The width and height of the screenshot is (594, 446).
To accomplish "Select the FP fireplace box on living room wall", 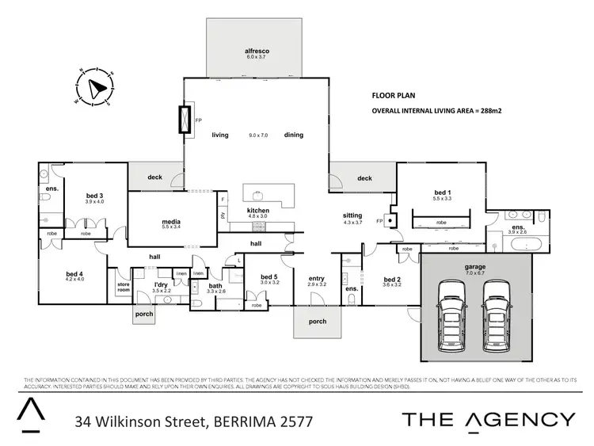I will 185,120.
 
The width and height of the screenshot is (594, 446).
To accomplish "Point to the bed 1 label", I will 442,193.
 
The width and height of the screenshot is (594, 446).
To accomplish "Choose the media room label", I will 171,221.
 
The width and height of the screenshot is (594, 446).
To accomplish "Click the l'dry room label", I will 162,284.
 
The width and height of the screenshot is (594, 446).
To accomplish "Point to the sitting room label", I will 352,215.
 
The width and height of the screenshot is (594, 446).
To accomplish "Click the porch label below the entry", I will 317,321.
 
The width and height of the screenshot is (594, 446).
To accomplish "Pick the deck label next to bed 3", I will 154,177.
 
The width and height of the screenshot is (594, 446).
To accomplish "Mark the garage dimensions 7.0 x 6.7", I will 475,273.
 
